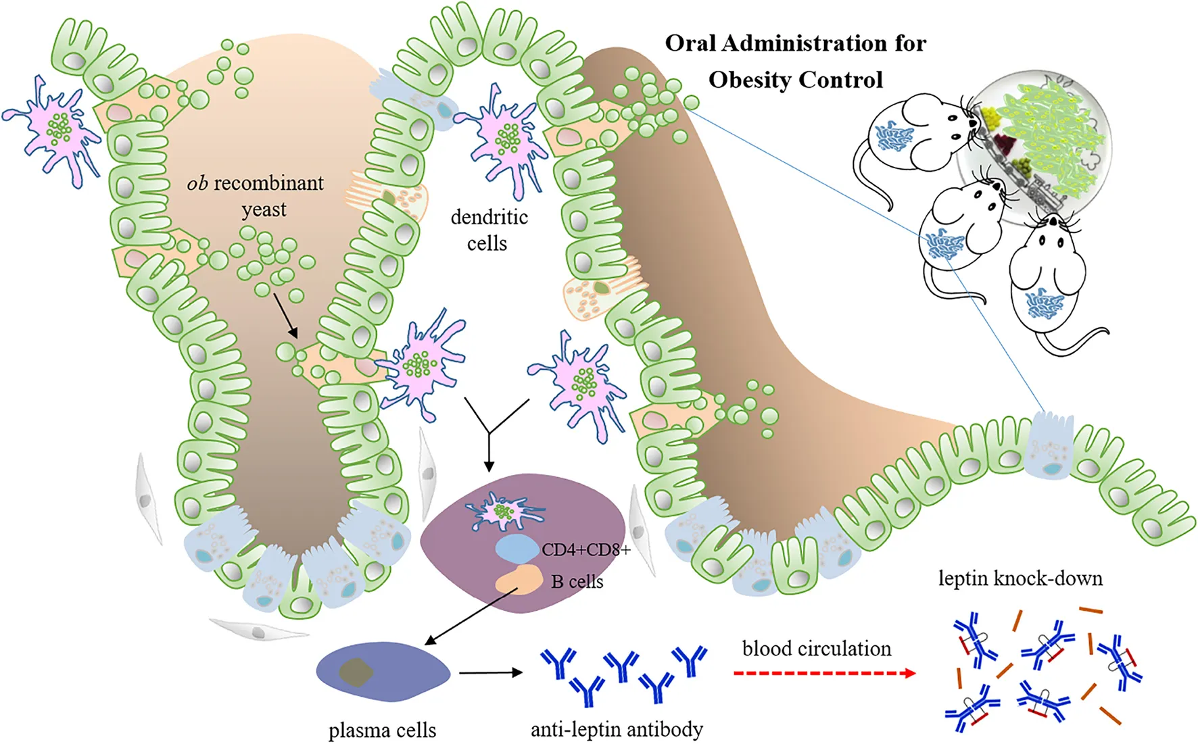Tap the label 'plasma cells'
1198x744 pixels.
[382, 730]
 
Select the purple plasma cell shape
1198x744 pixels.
[383, 672]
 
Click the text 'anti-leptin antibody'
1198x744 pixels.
[617, 729]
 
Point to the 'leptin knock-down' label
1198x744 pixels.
[1020, 578]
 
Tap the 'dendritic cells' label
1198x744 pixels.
[489, 230]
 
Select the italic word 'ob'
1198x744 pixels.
[197, 184]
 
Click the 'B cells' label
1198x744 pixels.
[577, 582]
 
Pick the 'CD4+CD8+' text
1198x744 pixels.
[585, 549]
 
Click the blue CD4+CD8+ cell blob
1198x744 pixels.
[517, 549]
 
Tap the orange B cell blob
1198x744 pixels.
[519, 580]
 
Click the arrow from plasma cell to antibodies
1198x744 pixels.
[490, 672]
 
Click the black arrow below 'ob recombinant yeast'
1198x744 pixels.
[285, 314]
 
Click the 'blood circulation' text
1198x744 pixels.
[817, 649]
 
